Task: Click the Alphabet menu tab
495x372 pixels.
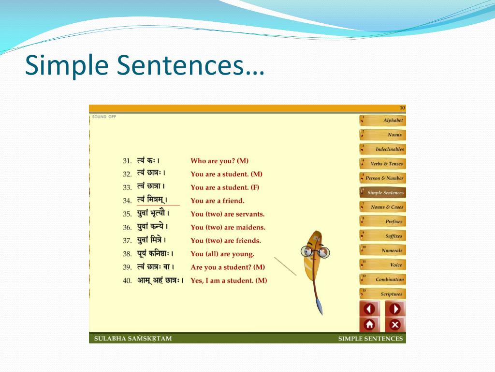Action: (383, 120)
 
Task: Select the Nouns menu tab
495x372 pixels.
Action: (383, 135)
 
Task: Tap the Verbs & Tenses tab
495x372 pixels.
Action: (383, 164)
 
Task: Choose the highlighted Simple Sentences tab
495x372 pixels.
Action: (383, 192)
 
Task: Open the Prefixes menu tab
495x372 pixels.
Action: (383, 221)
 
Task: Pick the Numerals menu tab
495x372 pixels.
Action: (383, 250)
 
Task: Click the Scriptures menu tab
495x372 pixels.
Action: (383, 294)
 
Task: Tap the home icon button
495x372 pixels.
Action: (369, 324)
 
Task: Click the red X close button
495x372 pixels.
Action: (395, 324)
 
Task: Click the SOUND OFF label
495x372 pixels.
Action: (104, 117)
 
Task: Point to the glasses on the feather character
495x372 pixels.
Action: (315, 251)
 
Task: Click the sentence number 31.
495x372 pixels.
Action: (127, 161)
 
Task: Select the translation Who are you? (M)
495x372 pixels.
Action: (219, 161)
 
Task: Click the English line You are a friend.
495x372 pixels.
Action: (218, 201)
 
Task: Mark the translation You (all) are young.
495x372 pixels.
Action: (222, 254)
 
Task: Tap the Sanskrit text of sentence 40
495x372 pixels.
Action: (160, 280)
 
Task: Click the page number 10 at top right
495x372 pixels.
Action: (402, 108)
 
